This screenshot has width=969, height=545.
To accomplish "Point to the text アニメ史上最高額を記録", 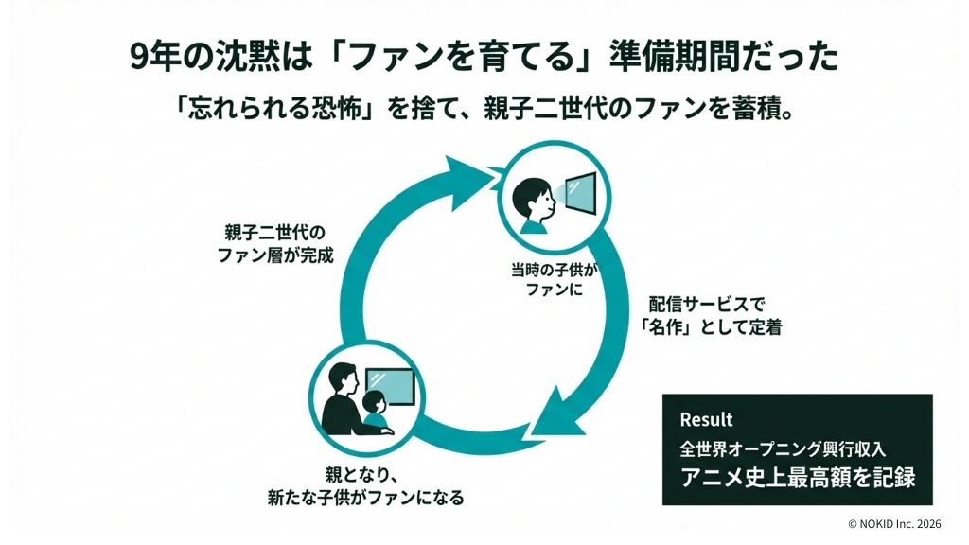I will tap(797, 477).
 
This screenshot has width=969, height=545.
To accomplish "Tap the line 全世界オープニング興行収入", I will tap(783, 447).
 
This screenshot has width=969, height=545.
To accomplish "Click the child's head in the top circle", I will tap(527, 196).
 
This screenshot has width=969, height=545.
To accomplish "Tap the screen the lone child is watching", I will tap(580, 194).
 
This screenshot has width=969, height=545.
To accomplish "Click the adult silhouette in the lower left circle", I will tap(340, 397).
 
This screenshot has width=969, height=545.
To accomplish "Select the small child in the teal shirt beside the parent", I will tap(373, 409).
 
